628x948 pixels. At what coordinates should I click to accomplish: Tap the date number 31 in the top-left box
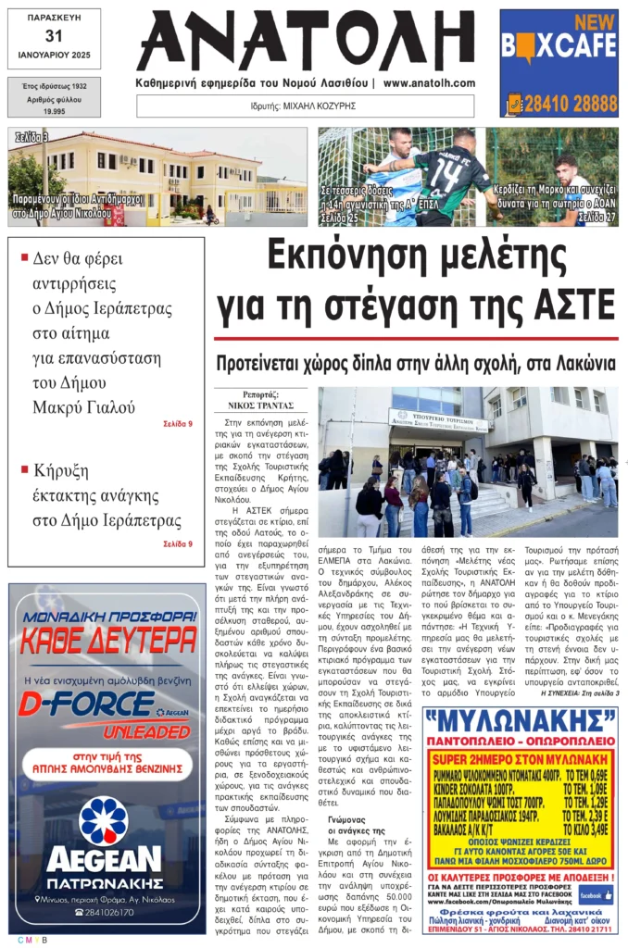click(54, 36)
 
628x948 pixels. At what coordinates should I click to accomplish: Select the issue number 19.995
click(53, 110)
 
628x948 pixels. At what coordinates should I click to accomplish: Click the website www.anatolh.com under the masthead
click(429, 83)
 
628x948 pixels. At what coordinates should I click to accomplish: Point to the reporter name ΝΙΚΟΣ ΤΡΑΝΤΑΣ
click(260, 405)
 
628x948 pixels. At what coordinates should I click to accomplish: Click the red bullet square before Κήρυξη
click(25, 469)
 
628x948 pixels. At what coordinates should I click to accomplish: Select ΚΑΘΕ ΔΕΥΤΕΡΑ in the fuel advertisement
click(107, 638)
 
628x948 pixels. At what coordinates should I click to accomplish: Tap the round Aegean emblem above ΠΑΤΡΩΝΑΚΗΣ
click(104, 820)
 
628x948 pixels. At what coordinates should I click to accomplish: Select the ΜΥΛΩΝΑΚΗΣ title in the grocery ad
click(521, 721)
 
